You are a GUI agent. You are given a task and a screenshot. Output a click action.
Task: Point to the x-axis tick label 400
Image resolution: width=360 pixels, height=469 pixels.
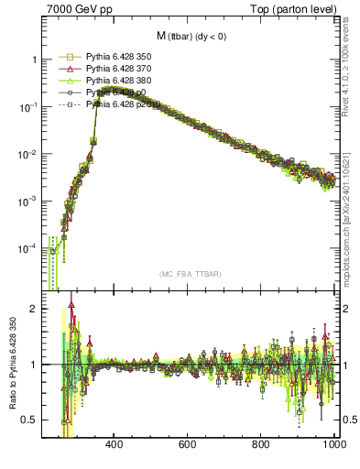(115, 444)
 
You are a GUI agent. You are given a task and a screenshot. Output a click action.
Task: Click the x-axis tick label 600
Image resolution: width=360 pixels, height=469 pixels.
(188, 444)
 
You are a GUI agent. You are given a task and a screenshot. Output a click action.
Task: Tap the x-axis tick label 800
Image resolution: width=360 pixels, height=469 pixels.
(261, 444)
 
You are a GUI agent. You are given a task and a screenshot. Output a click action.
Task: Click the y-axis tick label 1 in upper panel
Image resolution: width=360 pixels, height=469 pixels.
(34, 60)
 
